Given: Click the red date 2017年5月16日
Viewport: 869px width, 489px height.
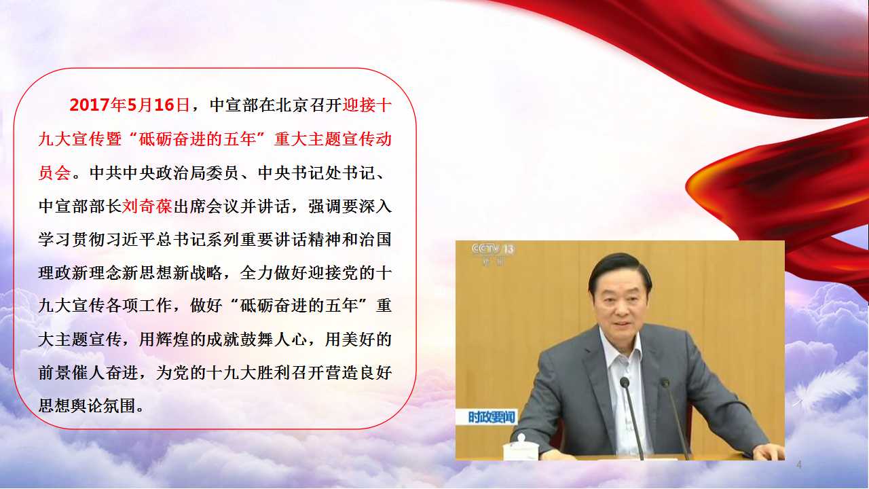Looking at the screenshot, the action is pyautogui.click(x=130, y=105).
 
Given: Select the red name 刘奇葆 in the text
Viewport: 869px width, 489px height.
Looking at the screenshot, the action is pyautogui.click(x=147, y=206).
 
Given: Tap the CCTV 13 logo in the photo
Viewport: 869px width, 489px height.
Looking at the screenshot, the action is pyautogui.click(x=493, y=249).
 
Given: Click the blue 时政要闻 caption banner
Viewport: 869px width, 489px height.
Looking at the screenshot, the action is pyautogui.click(x=492, y=417).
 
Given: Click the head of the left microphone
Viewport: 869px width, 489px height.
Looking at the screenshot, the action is pyautogui.click(x=624, y=382).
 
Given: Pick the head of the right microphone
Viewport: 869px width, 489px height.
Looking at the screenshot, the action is pyautogui.click(x=665, y=382).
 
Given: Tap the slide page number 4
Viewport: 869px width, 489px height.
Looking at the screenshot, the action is pyautogui.click(x=798, y=464).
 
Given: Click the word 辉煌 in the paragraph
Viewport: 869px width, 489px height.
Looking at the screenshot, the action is pyautogui.click(x=172, y=340).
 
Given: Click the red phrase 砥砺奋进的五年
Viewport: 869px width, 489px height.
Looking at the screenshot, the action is pyautogui.click(x=198, y=139).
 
